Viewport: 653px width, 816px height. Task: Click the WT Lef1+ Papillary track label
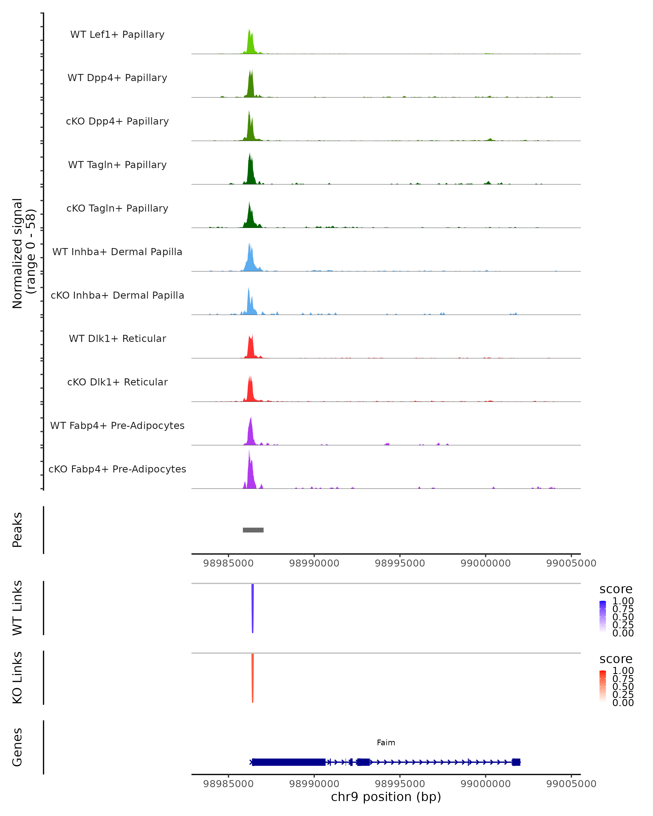coord(117,35)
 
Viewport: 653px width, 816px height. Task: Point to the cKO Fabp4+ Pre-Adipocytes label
coord(117,469)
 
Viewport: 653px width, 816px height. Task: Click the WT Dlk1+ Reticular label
coord(117,338)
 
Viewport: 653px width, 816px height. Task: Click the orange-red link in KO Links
coord(252,678)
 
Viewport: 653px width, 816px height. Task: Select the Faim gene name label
coord(386,743)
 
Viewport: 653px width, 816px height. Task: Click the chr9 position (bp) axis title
coord(386,797)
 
